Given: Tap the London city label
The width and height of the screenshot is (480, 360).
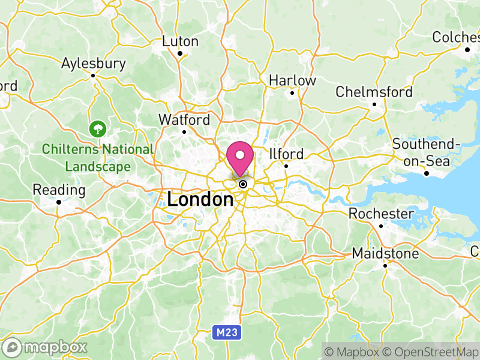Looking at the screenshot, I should tap(200, 199).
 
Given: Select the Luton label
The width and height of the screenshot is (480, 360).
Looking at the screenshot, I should tap(180, 41).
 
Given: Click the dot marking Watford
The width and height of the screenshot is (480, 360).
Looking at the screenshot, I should tap(184, 132).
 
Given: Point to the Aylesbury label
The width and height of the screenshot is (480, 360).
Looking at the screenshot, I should tap(94, 63).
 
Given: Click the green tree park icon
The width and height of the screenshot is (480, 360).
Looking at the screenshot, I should tap(96, 128).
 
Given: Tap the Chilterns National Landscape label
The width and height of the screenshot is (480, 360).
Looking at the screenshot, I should tap(98, 157).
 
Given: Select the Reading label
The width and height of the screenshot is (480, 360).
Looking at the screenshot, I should tap(59, 190).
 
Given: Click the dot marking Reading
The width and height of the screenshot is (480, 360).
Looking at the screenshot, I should tap(59, 202).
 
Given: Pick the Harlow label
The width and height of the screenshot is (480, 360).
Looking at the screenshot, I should tap(292, 80).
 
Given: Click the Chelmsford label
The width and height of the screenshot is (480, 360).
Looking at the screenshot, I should tap(374, 92).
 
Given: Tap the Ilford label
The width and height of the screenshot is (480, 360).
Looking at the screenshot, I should tap(287, 154).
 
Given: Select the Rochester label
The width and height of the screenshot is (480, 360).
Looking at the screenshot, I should tap(381, 214).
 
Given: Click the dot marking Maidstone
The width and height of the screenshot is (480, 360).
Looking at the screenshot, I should tap(385, 265).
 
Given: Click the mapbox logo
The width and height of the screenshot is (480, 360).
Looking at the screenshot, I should tap(46, 347).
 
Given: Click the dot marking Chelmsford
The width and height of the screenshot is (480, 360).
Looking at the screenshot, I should tap(374, 104).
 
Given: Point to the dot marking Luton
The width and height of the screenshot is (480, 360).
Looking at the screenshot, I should tap(180, 53).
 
